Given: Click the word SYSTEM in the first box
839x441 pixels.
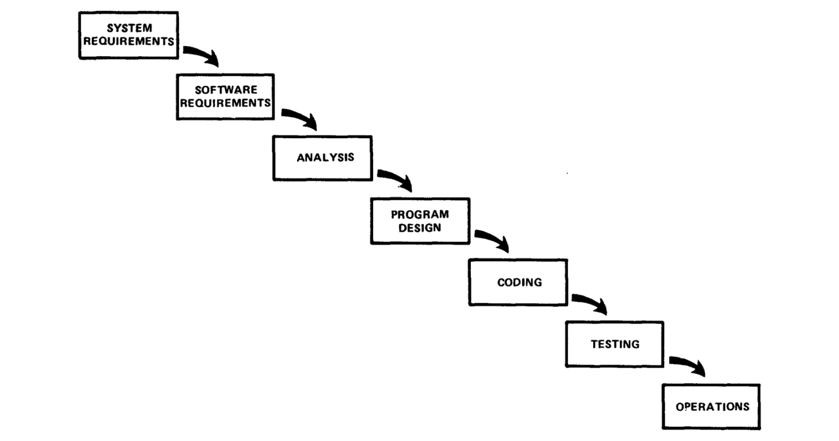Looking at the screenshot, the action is point(129,28).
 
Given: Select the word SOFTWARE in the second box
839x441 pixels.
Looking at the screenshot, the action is point(226,90).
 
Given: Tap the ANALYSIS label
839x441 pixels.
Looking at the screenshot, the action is point(326,158).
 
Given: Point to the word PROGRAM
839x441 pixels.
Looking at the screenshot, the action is point(420,214).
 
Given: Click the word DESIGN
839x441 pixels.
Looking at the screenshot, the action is point(420,228).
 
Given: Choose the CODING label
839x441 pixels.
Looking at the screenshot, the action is point(519,282).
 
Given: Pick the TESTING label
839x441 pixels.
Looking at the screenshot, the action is point(615,344).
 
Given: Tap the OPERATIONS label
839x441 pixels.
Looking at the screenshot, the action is point(712,407).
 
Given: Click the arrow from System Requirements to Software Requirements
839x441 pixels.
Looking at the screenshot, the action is point(202,53).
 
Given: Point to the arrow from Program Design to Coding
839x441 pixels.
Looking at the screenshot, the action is point(493,239).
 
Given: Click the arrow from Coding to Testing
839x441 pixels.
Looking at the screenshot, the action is point(590,301).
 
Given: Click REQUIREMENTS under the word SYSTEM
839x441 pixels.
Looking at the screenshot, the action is point(128,41).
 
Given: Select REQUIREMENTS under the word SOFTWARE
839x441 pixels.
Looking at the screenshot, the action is point(226,103).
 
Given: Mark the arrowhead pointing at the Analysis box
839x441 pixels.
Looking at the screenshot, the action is point(310,122).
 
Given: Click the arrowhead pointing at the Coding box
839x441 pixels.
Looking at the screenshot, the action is point(503,245).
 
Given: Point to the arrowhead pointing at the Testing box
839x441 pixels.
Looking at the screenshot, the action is point(600,307).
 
